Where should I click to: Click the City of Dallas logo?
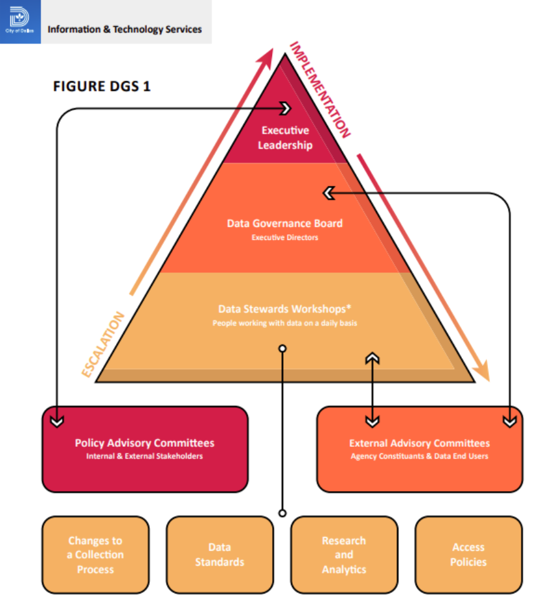coord(20,21)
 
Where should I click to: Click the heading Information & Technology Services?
coord(124,29)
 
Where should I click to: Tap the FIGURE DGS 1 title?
coord(102,86)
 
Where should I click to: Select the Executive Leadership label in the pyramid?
coord(285,138)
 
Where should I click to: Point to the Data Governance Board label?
coord(284,223)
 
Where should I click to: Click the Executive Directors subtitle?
coord(284,238)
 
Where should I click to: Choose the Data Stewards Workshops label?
coord(284,309)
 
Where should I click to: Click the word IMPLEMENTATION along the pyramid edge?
coord(319,90)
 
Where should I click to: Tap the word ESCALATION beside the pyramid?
coord(102,344)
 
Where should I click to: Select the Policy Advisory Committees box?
coord(144,449)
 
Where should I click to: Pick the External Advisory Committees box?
coord(419,449)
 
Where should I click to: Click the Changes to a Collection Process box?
coord(95,555)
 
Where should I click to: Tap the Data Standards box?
coord(220,555)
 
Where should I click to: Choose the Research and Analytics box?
coord(344,555)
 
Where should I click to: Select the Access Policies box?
coord(468,555)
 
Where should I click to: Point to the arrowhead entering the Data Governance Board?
coord(328,192)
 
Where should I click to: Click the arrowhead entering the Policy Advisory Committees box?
coord(57,422)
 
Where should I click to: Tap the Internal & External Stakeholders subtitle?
coord(144,457)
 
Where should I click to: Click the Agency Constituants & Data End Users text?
coord(419,457)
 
